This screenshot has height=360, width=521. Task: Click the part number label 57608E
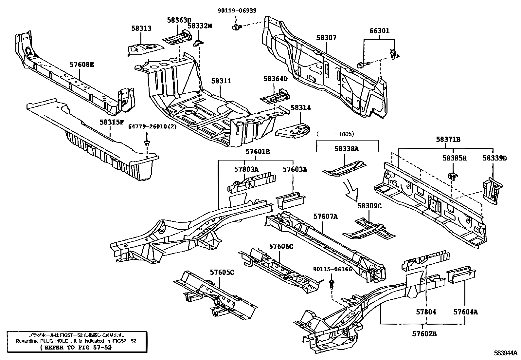81,65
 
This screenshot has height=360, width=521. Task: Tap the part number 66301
379,31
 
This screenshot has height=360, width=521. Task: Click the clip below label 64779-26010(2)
147,143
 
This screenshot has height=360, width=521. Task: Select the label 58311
221,81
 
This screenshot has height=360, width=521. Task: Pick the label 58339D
494,158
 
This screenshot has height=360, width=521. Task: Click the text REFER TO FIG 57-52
76,348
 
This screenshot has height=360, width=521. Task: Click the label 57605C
222,272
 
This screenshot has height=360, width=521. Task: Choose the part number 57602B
424,334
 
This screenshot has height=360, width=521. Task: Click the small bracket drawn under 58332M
198,42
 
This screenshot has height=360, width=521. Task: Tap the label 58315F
112,122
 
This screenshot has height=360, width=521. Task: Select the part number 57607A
326,216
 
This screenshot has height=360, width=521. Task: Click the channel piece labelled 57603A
291,200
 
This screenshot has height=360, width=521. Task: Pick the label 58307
326,38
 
